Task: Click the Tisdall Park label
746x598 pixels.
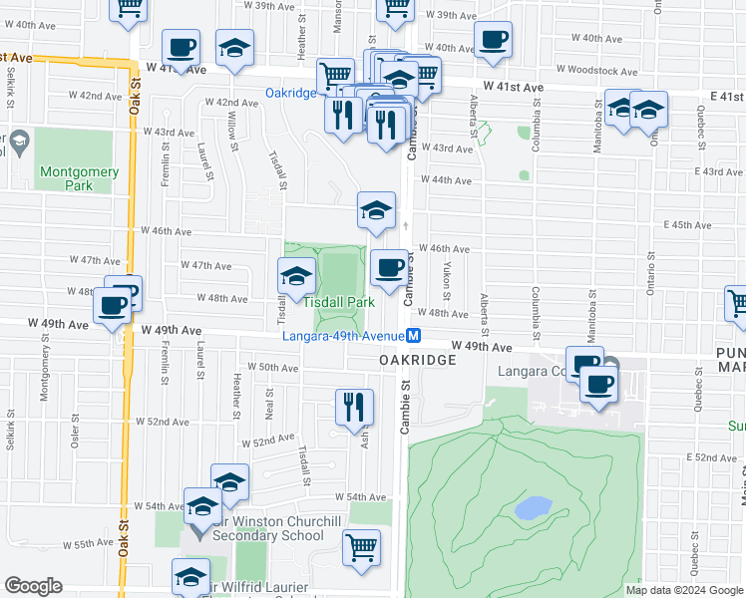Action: point(338,301)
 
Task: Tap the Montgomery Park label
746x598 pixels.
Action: point(80,178)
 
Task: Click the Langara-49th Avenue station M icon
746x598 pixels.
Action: point(413,337)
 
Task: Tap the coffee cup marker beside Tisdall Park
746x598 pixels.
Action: point(389,267)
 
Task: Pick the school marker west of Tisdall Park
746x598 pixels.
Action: point(296,276)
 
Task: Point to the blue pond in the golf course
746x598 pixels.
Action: point(535,508)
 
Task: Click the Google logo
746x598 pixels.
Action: point(33,586)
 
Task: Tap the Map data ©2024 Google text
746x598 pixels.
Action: point(683,590)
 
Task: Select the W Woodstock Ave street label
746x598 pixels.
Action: point(596,71)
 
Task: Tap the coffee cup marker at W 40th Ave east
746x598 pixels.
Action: point(493,40)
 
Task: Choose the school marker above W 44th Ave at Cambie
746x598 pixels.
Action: point(376,210)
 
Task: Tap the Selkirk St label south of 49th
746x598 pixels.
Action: point(9,430)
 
